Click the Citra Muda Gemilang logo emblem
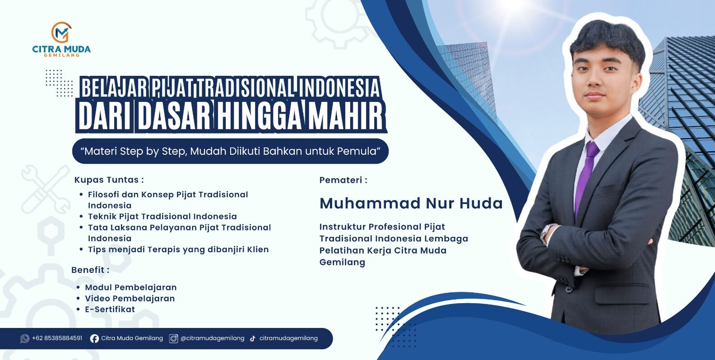[61, 32]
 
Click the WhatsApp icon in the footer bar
[24, 338]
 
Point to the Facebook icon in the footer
[94, 338]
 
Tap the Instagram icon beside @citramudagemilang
[173, 338]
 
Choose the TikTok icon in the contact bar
[253, 338]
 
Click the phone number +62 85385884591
[57, 338]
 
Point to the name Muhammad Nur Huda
[411, 203]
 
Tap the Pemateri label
[343, 180]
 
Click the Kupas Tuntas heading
[109, 180]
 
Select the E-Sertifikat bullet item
[110, 309]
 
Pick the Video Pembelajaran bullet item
[130, 298]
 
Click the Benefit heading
[90, 270]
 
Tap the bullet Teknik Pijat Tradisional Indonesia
[162, 217]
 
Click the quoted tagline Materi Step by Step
[231, 151]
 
